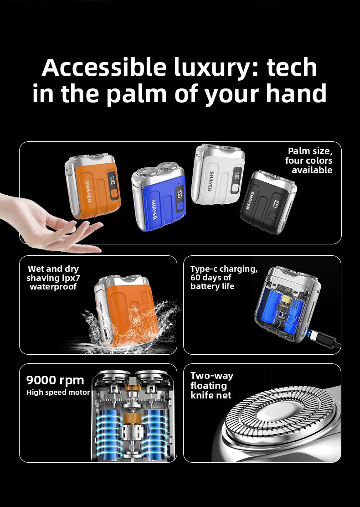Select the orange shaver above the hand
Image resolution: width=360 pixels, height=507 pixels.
point(93,186)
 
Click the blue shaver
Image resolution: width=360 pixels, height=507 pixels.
point(158,196)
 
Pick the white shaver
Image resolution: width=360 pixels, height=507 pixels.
point(217,175)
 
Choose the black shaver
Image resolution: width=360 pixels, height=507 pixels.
point(268,202)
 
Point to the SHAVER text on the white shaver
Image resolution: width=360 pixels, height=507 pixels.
point(210,181)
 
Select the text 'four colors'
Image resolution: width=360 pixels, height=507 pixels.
point(309,160)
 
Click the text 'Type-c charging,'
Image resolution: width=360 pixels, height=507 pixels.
point(224,269)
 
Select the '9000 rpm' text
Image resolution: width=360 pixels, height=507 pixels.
point(55,380)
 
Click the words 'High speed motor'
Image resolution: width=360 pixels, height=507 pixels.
point(58,393)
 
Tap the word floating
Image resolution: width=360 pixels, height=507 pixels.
point(208,386)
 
